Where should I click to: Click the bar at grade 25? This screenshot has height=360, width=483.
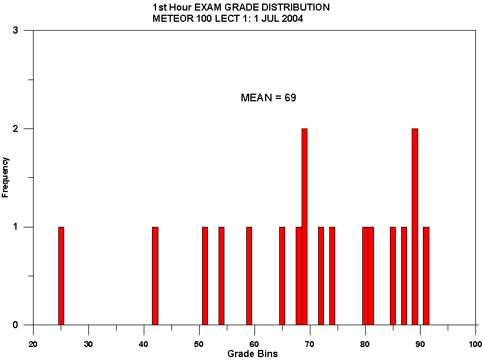[61, 276]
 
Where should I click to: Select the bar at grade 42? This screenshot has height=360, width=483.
[155, 276]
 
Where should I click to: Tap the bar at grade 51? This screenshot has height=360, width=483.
[205, 276]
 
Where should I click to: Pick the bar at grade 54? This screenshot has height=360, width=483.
[221, 276]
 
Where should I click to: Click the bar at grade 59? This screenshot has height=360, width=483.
[249, 276]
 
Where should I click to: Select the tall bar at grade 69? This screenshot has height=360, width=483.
[305, 227]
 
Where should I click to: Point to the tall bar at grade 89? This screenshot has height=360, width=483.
[415, 227]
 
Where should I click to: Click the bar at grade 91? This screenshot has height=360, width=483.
[426, 276]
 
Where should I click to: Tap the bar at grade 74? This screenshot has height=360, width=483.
[332, 276]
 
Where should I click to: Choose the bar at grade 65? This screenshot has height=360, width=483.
[282, 276]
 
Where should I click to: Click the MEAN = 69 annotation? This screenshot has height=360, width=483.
[268, 98]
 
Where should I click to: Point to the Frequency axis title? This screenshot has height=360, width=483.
[6, 177]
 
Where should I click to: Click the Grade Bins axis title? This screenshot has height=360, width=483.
[252, 354]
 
